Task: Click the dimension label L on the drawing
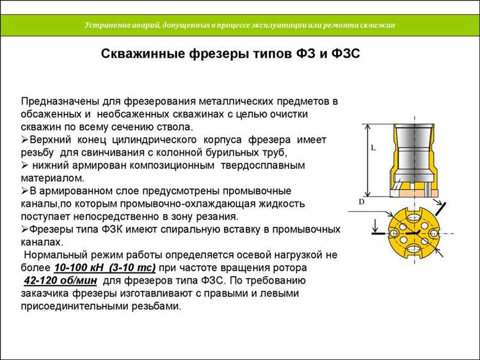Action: click(x=372, y=147)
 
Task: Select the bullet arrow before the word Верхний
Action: click(x=24, y=140)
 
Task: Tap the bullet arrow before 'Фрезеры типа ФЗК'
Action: click(x=24, y=229)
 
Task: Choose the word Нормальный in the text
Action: click(x=54, y=254)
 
